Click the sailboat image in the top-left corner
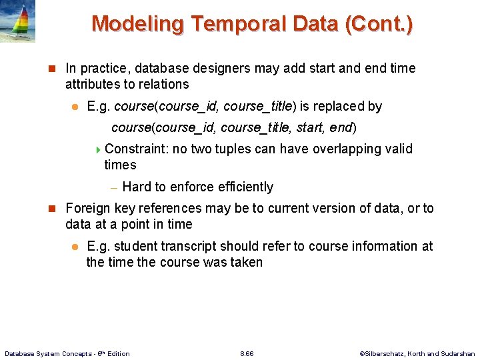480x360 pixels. [x=17, y=21]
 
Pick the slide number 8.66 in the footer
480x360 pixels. [x=247, y=353]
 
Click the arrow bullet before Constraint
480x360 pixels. [x=99, y=149]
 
